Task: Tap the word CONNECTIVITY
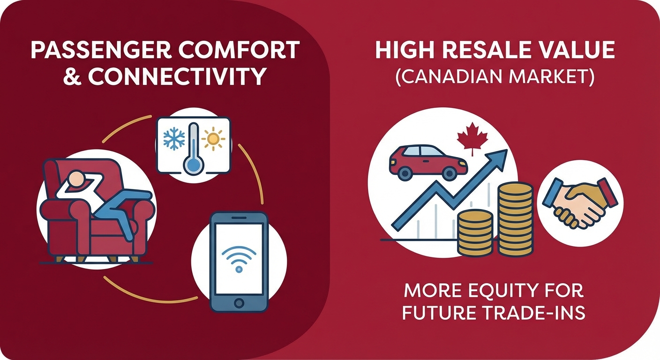[177, 76]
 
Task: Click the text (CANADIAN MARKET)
[495, 76]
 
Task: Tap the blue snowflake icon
[174, 138]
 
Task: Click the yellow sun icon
[214, 138]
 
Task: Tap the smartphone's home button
[239, 302]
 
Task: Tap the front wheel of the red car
[450, 173]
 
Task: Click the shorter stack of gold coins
[475, 232]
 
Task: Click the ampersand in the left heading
[72, 76]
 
